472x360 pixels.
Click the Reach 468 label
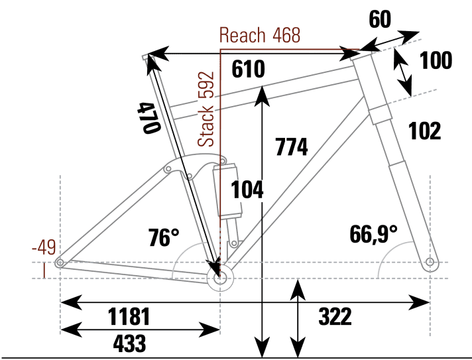coord(260,35)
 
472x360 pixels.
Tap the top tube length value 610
coord(249,70)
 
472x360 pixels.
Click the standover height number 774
coord(292,147)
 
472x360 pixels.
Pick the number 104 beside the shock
coord(247,190)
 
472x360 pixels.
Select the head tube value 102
coord(425,131)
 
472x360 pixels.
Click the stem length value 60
coord(380,19)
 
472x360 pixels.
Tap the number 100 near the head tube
coord(436,61)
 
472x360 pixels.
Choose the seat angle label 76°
coord(164,238)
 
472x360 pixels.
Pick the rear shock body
coord(227,192)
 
